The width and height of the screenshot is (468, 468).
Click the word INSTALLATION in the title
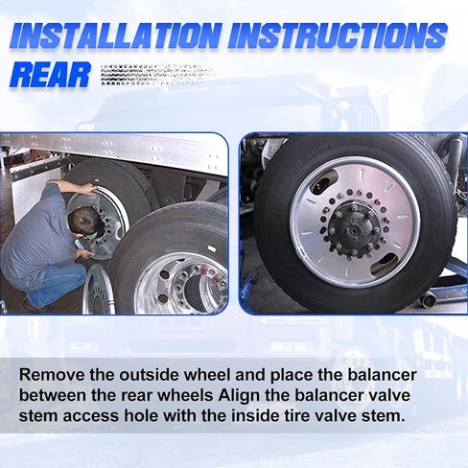coord(116,35)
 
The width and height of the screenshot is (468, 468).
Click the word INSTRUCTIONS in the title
coord(338,35)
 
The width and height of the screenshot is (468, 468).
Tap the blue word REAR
coord(50,76)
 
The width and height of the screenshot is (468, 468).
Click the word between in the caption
coord(53,395)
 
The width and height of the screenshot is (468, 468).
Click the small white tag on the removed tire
coord(211,248)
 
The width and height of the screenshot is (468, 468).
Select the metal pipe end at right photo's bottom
coord(428,300)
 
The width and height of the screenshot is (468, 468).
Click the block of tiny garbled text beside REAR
coord(156,75)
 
